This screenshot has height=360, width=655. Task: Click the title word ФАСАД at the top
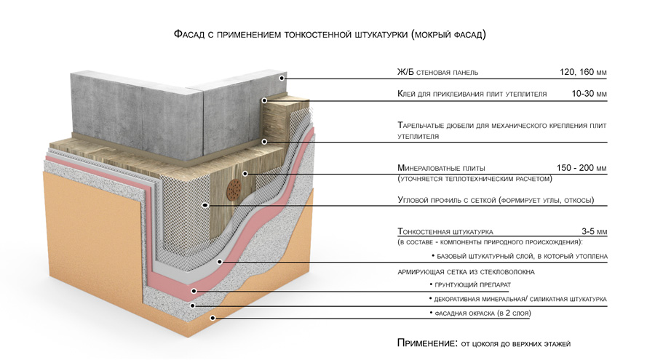191,34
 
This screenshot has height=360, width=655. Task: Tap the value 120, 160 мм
583,73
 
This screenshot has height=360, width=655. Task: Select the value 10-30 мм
589,94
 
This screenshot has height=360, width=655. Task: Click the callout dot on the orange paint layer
212,318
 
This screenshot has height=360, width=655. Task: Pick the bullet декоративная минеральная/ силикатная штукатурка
520,299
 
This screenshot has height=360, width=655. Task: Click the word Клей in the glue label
408,94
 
